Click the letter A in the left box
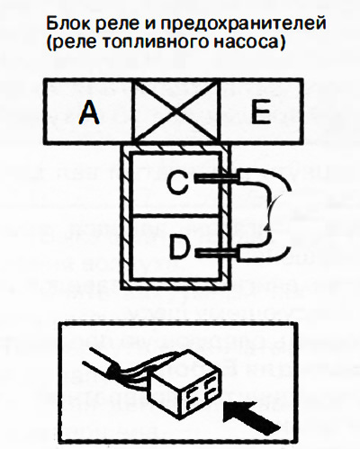[89, 112]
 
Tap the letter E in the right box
[261, 112]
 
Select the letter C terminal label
[178, 182]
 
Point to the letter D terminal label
[179, 247]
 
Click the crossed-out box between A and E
[176, 112]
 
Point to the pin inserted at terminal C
[217, 179]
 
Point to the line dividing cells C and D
[176, 216]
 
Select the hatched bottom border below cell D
[176, 284]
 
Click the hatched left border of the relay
[125, 217]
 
